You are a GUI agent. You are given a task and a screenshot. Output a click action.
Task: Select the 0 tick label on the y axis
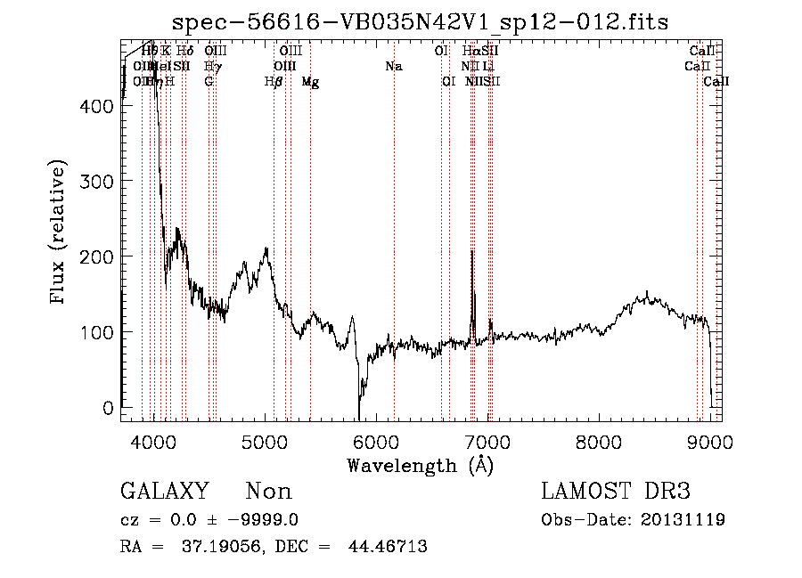[108, 408]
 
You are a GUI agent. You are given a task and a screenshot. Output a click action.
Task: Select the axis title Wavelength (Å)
[421, 465]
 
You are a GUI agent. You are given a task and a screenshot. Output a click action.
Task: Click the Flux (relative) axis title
[59, 232]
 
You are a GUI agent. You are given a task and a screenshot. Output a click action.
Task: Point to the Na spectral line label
[393, 67]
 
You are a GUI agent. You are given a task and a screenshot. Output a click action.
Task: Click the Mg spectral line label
[310, 82]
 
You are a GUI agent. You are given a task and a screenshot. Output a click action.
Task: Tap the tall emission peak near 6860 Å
[471, 252]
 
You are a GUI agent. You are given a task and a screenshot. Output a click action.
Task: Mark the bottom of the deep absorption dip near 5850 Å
[359, 418]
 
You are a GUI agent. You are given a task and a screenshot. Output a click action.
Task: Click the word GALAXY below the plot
[165, 492]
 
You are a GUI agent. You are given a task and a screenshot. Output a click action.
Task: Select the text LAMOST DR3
[616, 492]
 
